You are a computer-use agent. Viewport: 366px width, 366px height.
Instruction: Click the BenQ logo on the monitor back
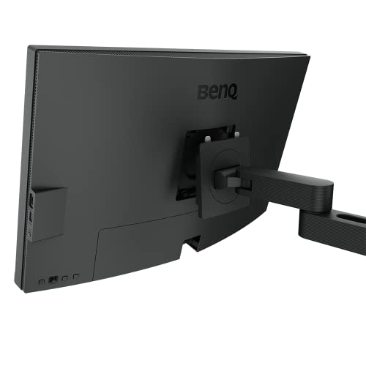pyautogui.click(x=219, y=93)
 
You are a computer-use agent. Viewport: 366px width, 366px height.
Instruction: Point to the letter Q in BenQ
pyautogui.click(x=234, y=93)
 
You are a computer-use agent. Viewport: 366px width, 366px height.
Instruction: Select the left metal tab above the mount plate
pyautogui.click(x=207, y=133)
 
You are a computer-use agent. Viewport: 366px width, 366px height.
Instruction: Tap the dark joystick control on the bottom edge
pyautogui.click(x=53, y=280)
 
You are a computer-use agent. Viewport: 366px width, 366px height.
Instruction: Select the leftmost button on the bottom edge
pyautogui.click(x=40, y=280)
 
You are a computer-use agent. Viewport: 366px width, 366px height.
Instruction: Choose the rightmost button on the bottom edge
pyautogui.click(x=75, y=277)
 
